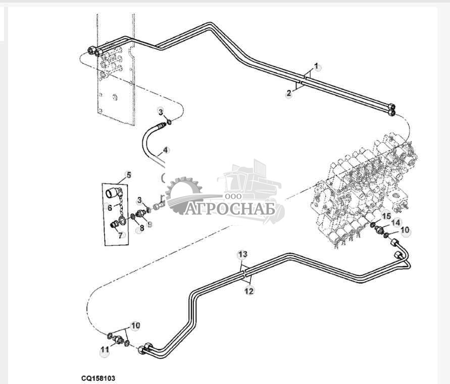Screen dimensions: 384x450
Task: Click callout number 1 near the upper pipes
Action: point(317,66)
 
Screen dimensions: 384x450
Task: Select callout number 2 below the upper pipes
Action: point(288,93)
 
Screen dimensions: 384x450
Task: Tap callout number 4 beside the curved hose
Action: point(165,150)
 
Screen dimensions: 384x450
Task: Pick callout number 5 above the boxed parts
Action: point(128,175)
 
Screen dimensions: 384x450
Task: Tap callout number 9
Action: point(149,224)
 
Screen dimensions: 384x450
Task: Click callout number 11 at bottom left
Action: point(104,349)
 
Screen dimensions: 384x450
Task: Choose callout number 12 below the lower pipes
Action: point(249,291)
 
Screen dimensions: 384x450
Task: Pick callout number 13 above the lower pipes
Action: point(242,253)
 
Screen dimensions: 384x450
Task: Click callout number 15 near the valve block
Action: point(386,216)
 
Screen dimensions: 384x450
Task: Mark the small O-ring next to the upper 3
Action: point(170,122)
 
